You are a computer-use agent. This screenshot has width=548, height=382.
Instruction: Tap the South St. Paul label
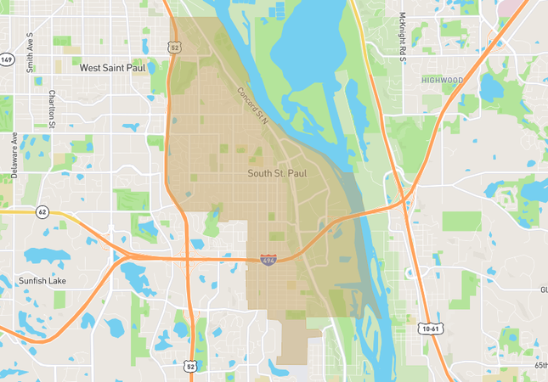(x=277, y=173)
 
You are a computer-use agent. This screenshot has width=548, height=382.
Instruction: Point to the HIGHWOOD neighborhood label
(x=443, y=80)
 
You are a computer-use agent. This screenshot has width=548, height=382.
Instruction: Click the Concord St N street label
(x=252, y=106)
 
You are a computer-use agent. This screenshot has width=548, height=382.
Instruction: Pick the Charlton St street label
(x=53, y=108)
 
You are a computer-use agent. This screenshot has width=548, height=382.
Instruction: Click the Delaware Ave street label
(x=14, y=154)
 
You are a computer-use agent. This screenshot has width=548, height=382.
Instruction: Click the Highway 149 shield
(x=7, y=59)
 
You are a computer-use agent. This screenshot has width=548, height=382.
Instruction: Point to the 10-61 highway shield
(x=431, y=327)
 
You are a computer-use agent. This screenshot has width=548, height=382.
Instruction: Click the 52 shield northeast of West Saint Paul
(x=175, y=48)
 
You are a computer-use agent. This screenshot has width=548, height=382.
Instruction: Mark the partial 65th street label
(x=541, y=364)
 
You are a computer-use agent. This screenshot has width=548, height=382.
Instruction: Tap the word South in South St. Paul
(x=260, y=173)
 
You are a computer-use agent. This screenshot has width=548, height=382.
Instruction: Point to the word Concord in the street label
(x=247, y=99)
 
